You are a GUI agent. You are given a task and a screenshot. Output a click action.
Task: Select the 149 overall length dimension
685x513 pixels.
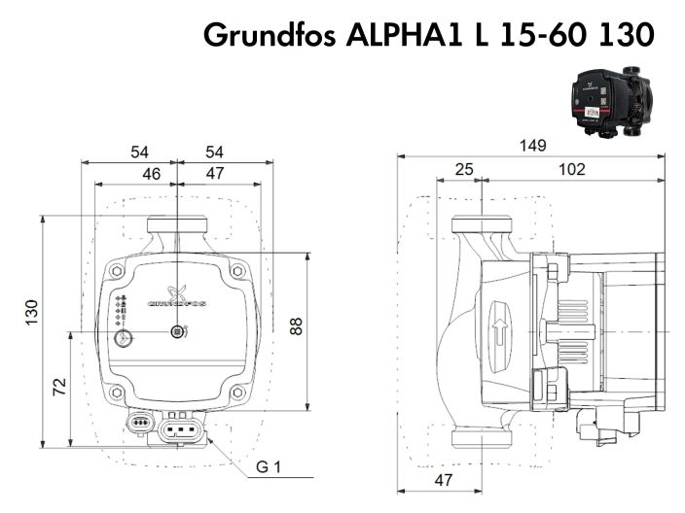[531, 145]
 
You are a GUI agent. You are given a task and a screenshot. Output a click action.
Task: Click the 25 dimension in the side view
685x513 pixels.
[464, 169]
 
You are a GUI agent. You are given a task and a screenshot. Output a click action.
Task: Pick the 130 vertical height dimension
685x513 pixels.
[31, 312]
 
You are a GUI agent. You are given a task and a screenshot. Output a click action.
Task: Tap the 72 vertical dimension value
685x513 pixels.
[59, 386]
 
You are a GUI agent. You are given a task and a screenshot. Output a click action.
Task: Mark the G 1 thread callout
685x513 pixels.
[269, 468]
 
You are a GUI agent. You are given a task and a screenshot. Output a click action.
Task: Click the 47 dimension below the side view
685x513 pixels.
[443, 480]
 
